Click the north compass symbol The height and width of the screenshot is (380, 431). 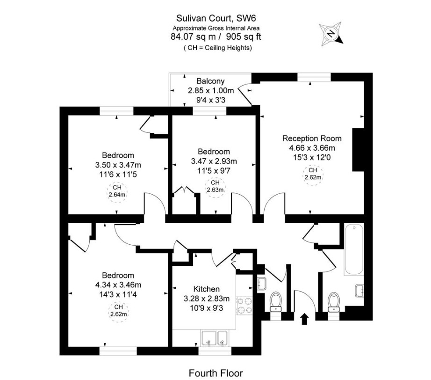click(x=331, y=33)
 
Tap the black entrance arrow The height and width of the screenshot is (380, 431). click(x=305, y=319)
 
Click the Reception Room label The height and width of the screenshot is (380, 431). click(x=312, y=139)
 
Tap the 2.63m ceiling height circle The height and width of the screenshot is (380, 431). click(x=215, y=187)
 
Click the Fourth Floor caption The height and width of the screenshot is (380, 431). click(x=215, y=373)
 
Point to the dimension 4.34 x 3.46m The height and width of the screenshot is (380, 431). click(x=118, y=285)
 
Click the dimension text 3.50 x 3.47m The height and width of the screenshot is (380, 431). click(x=118, y=164)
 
